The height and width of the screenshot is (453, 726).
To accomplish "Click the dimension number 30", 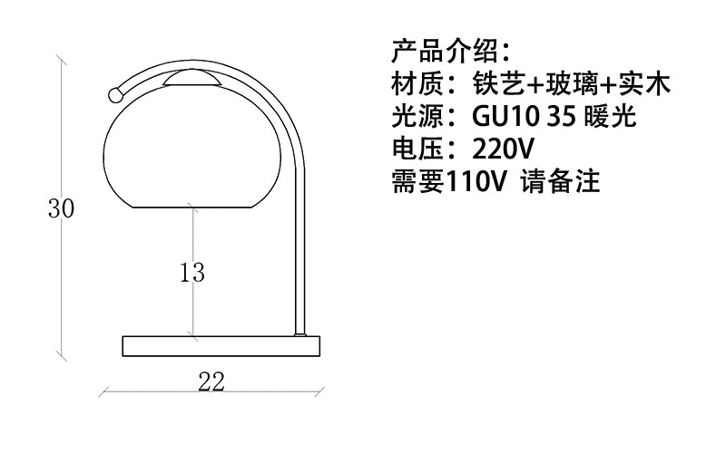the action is coord(61,208).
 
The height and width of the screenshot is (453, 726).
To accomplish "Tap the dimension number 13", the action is coord(192,271).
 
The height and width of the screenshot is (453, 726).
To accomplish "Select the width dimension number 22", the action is coord(211,381).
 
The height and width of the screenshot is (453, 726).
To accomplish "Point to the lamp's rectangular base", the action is coord(221,345).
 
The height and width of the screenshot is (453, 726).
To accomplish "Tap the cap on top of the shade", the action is coord(192,79).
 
